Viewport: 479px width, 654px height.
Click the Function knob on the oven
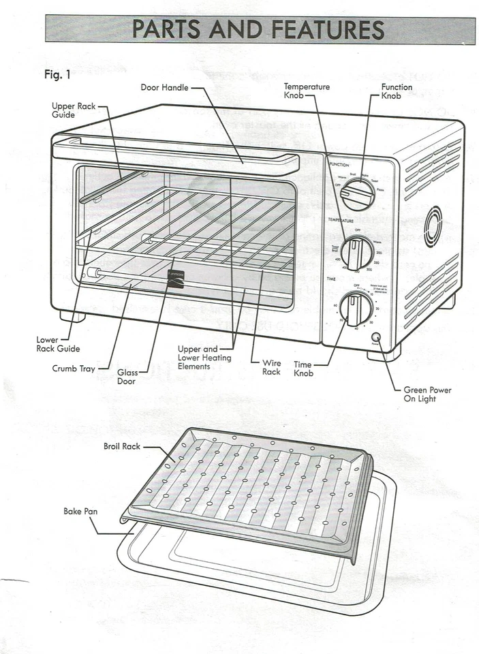tap(357, 195)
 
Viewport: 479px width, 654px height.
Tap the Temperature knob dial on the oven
tap(356, 253)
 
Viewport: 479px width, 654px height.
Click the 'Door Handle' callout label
tap(161, 88)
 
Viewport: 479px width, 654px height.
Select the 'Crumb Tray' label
tap(73, 369)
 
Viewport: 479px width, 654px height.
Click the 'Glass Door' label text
tap(127, 377)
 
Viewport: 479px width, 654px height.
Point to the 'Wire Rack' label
tap(271, 367)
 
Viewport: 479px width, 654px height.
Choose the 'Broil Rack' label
tap(121, 447)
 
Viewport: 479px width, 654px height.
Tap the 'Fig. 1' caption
tap(57, 75)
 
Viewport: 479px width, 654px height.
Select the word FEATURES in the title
tap(327, 30)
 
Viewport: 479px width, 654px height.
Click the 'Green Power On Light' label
tap(427, 394)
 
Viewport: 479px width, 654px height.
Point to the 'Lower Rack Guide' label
tap(58, 344)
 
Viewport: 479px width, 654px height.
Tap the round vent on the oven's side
tap(432, 226)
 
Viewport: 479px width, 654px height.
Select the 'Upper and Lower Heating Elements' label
tap(204, 358)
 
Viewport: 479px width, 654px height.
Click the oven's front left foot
tap(72, 316)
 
